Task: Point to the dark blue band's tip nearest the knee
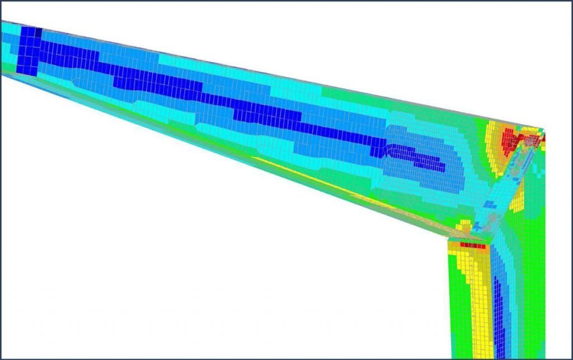[x=442, y=167]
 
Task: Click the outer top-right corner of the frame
[x=543, y=130]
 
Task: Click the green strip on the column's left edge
[x=456, y=302]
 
